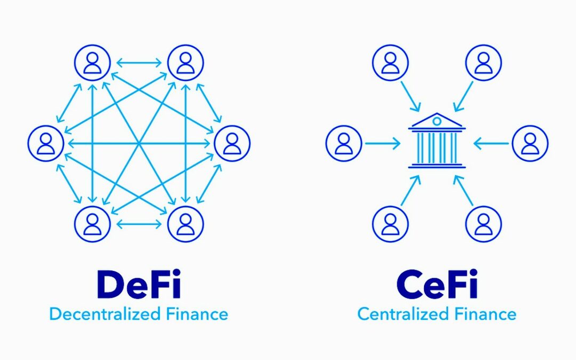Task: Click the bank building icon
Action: [437, 141]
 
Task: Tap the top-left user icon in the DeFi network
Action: [92, 62]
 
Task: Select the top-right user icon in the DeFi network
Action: [186, 62]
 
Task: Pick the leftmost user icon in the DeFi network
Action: [46, 143]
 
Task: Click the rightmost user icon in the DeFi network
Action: [232, 143]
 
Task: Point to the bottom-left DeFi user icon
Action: [92, 224]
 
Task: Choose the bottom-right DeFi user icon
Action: [186, 224]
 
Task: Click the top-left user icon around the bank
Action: [390, 62]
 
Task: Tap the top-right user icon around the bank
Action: [483, 62]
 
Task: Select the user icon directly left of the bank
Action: [344, 143]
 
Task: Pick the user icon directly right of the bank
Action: [530, 143]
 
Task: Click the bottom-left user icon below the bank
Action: [390, 224]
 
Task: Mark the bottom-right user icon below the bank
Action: [483, 224]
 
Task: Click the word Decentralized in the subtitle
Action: [105, 315]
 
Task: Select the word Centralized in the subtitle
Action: [403, 315]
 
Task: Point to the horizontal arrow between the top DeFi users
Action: [139, 63]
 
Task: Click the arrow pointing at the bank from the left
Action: [383, 143]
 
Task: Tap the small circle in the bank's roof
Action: [437, 121]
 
